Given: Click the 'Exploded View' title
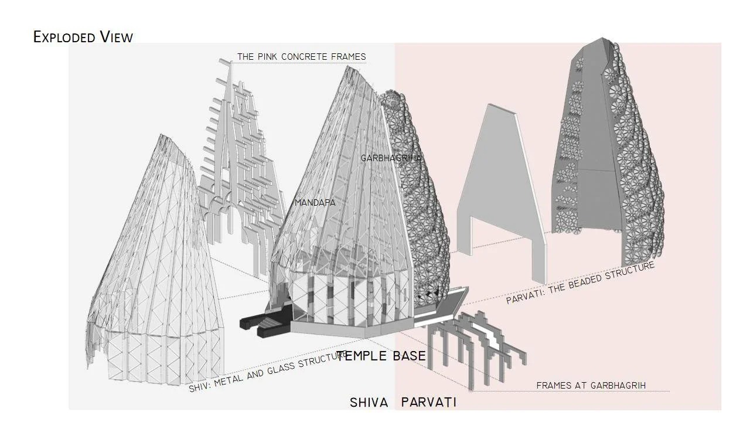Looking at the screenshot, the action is click(83, 37).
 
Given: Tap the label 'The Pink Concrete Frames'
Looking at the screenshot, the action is click(302, 57).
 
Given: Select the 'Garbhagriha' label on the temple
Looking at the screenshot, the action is click(391, 158).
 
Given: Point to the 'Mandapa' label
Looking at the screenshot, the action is click(315, 203).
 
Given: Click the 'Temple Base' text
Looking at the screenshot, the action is click(381, 356).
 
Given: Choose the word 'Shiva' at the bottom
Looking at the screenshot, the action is click(369, 402).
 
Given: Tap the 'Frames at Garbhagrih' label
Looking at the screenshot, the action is click(591, 386).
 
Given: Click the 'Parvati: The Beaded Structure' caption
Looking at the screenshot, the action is click(580, 283).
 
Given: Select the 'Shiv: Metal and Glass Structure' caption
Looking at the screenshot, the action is click(268, 371).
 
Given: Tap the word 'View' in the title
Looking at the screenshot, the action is click(117, 37).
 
